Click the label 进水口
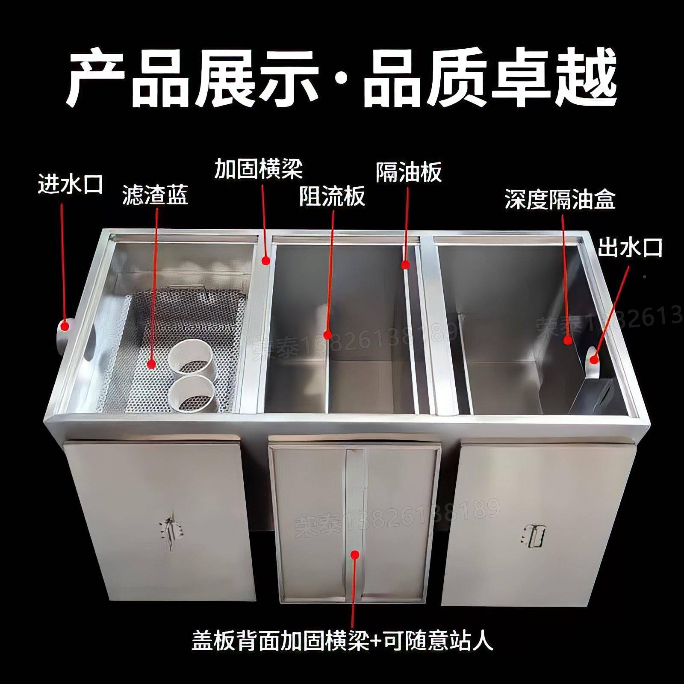click(71, 184)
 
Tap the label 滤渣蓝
click(155, 195)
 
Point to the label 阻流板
click(332, 196)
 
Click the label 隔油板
click(408, 172)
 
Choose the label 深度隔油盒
click(560, 199)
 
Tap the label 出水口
click(629, 248)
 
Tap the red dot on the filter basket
click(151, 363)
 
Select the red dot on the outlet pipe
click(593, 360)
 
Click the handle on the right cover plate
click(533, 534)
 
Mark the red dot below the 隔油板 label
click(405, 265)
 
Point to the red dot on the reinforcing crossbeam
click(266, 259)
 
